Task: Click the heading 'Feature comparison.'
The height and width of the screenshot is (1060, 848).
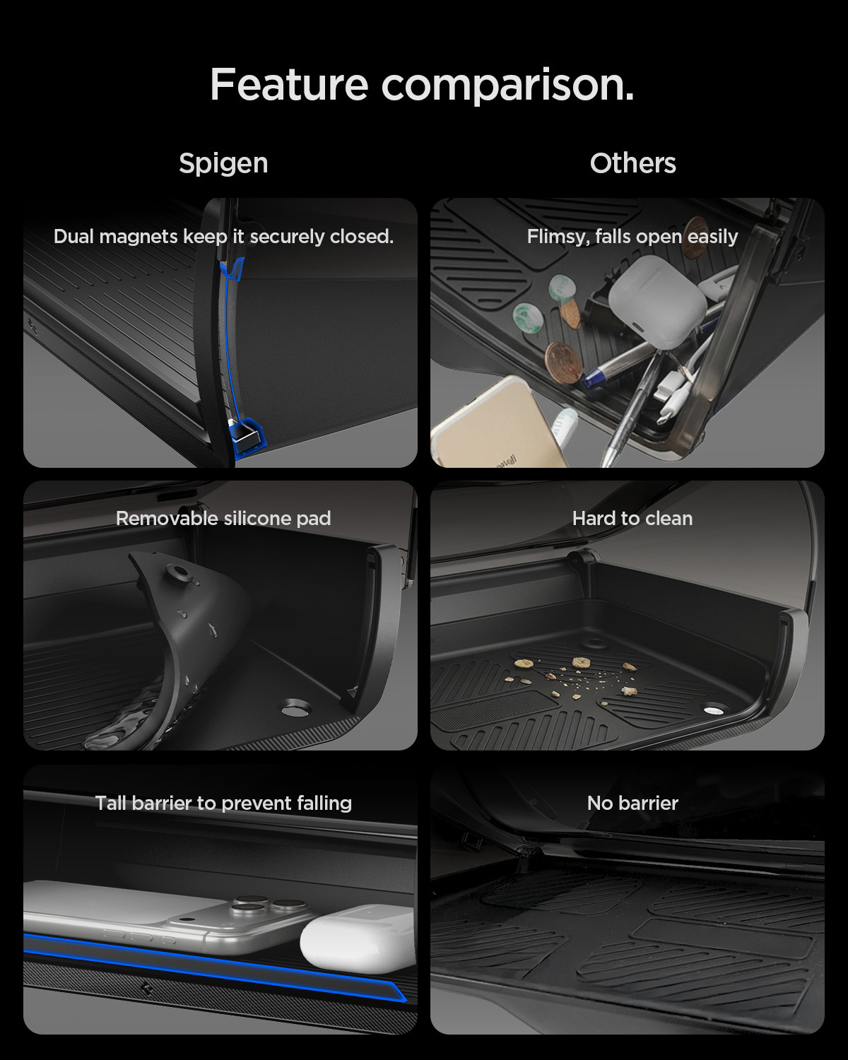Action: (422, 85)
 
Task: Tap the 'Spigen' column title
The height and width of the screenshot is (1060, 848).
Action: (223, 163)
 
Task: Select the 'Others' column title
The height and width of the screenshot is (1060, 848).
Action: (632, 163)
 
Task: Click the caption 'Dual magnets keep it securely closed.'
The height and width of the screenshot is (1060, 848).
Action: (223, 237)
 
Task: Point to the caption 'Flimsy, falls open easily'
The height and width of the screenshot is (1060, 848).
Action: (632, 237)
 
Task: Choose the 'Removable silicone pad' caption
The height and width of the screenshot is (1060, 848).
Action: (223, 518)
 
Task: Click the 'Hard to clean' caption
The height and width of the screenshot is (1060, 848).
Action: (632, 518)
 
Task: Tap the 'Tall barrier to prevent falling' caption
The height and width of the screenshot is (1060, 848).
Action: (223, 803)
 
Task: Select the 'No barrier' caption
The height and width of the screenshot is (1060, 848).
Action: (632, 803)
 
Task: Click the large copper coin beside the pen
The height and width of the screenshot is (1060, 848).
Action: (564, 363)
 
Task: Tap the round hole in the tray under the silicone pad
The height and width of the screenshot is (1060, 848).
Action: (296, 709)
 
